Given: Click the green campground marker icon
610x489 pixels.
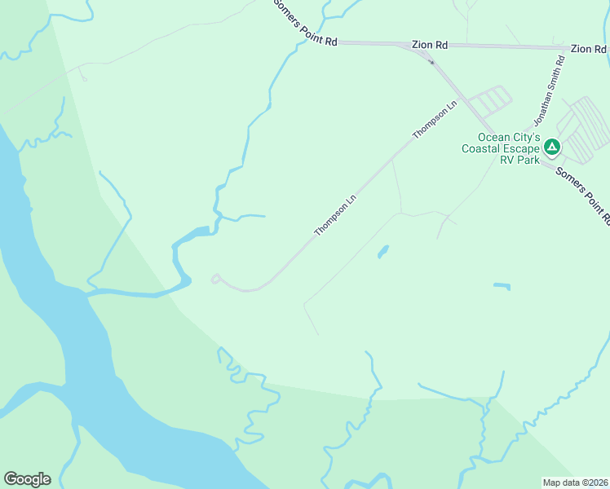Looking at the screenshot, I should [551, 148].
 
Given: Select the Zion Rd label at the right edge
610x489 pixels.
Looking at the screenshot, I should [588, 50].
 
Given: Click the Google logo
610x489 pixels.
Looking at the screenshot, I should [27, 479].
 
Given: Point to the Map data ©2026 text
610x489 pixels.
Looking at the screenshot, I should [576, 482].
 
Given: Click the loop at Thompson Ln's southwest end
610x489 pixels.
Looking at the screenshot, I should [216, 279].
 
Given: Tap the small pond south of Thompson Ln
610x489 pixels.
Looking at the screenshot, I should [382, 253].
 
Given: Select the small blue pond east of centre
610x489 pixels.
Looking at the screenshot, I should [502, 286].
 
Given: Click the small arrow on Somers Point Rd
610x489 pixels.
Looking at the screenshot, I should [431, 61].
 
